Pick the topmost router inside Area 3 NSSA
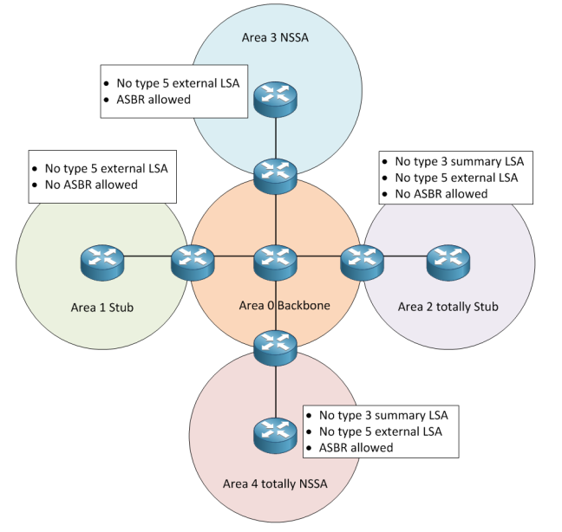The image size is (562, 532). (x=276, y=101)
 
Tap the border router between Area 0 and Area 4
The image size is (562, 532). (x=276, y=346)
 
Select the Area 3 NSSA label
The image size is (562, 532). (x=276, y=39)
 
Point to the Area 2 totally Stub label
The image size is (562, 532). (x=448, y=307)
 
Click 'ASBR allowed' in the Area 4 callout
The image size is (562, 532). (x=356, y=447)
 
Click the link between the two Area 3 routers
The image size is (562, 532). (x=276, y=139)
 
